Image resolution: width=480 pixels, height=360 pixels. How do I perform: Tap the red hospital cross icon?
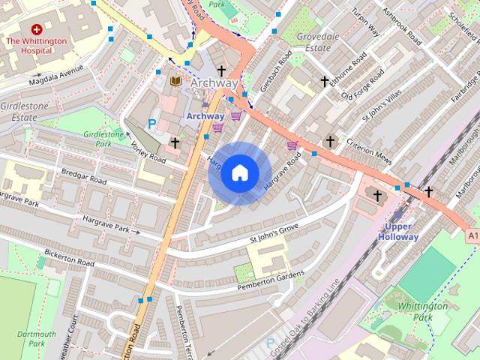tap(35, 28)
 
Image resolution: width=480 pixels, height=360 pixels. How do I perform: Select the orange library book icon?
tap(176, 81)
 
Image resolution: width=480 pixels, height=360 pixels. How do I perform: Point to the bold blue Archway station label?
tap(205, 116)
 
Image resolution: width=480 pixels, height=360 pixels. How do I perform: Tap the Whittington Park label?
tap(423, 311)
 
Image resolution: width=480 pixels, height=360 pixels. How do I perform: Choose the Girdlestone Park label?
tap(103, 138)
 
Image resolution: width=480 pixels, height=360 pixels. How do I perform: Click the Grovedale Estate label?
tap(318, 41)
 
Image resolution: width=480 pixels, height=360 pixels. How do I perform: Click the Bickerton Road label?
tap(69, 258)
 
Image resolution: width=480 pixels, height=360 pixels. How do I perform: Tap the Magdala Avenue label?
tap(57, 78)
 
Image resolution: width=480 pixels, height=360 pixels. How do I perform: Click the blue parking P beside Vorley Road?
tap(153, 124)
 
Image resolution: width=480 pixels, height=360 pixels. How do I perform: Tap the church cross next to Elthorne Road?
tap(325, 81)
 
